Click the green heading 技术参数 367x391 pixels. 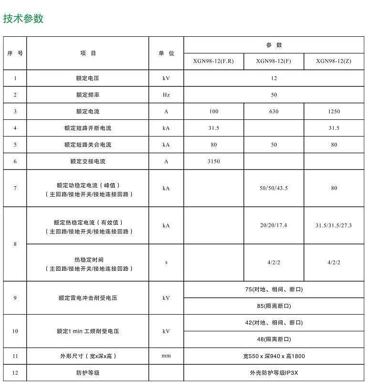click(23, 19)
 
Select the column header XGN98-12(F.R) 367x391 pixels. click(213, 61)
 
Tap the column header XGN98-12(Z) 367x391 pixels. click(334, 61)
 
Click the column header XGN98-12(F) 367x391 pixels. click(273, 61)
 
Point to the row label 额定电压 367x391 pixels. click(87, 78)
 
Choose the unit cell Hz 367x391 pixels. click(166, 95)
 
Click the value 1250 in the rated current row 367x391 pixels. click(334, 111)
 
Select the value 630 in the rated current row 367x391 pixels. click(273, 111)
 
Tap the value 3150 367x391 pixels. click(214, 161)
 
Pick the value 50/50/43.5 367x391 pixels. click(273, 188)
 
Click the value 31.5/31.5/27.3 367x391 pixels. click(334, 225)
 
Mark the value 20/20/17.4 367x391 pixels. click(273, 225)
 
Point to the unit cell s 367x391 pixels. click(166, 262)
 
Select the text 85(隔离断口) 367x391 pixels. click(273, 306)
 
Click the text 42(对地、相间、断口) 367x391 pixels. click(273, 323)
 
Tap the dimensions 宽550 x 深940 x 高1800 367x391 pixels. click(273, 356)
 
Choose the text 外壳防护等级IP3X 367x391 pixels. click(273, 373)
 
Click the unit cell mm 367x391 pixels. click(166, 356)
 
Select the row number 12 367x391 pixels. click(15, 373)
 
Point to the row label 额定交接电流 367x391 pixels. click(87, 161)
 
